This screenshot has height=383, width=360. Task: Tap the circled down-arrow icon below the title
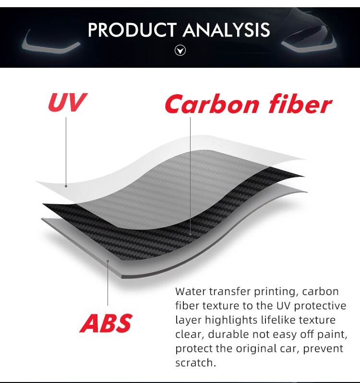[x=180, y=50]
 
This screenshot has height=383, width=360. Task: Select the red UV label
[x=67, y=102]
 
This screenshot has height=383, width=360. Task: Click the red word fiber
[x=296, y=104]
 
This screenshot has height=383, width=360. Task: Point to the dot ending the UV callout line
[x=66, y=186]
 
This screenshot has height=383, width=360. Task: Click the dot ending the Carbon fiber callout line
[x=190, y=234]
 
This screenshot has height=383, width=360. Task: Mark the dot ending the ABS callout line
[x=108, y=261]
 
